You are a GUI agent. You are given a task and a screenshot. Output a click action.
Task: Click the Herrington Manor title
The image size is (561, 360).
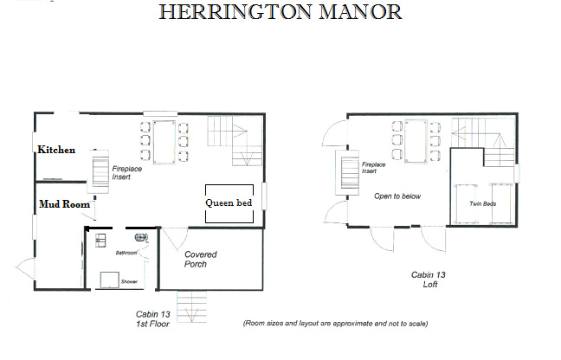(280, 12)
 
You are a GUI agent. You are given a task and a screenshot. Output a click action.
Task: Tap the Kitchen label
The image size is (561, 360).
(56, 150)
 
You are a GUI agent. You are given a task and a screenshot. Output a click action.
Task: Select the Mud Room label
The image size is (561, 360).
(64, 204)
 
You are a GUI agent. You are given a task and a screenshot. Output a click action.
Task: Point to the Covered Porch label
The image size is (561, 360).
(200, 260)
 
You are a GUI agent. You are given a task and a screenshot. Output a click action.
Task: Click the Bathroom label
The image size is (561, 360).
(126, 253)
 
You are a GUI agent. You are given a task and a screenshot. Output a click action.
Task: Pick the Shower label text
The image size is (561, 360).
(129, 282)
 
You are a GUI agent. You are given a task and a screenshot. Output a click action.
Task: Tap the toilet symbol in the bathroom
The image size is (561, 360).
(142, 237)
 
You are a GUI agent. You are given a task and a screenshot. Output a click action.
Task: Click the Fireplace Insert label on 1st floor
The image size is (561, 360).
(126, 173)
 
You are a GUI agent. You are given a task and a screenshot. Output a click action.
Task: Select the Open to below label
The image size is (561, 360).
(397, 196)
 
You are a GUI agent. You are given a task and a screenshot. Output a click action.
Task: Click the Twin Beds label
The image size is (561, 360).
(482, 203)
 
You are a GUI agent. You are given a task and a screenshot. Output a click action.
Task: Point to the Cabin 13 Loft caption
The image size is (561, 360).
(429, 280)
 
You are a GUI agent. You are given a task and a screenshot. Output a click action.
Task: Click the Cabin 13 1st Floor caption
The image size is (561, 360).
(152, 318)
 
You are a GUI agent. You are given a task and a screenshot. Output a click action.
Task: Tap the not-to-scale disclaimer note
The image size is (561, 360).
(335, 324)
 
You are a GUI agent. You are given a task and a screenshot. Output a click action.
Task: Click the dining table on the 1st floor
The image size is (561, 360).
(164, 142)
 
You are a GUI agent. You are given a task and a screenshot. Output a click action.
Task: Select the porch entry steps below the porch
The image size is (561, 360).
(192, 306)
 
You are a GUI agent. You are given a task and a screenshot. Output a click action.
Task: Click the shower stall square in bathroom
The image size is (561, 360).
(109, 280)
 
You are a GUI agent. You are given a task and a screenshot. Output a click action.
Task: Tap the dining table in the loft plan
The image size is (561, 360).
(416, 141)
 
